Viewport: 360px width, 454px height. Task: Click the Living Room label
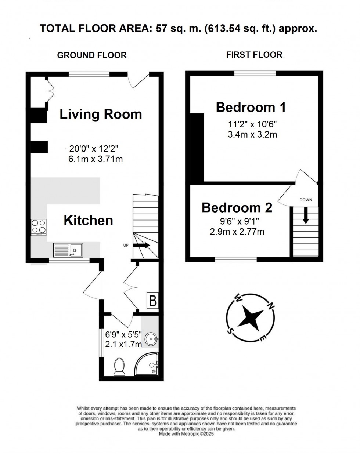101,114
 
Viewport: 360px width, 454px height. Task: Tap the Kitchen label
88,220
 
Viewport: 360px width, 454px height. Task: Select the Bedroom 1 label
251,107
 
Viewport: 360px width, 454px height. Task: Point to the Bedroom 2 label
237,207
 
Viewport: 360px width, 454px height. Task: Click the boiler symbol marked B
152,301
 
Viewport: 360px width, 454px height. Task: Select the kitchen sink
68,249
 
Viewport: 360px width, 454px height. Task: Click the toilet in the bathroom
119,367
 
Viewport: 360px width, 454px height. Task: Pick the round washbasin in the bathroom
151,339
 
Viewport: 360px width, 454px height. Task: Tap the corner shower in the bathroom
148,365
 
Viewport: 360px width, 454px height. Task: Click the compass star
251,316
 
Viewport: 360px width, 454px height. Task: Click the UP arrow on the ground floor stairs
141,246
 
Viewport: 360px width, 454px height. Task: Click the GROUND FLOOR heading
92,55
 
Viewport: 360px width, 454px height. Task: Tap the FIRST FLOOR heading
254,55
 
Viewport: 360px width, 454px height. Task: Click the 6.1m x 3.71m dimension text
95,159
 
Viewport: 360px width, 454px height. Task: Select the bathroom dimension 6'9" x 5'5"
123,335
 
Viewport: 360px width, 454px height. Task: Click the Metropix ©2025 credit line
186,433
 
